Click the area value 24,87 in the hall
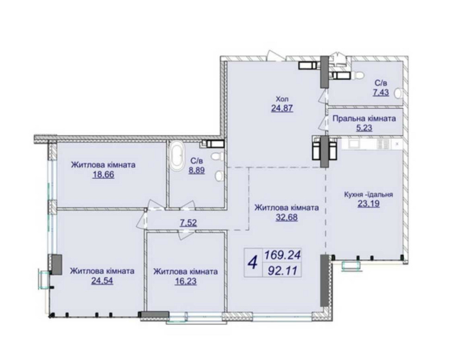(x=282, y=108)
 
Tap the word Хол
(x=282, y=99)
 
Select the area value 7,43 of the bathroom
(x=381, y=93)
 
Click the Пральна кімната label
(x=364, y=119)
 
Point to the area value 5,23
(x=364, y=128)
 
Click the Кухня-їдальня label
(x=369, y=195)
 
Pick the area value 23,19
(x=369, y=204)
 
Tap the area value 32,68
(x=287, y=218)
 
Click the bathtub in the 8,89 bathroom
(x=176, y=157)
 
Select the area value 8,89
(x=197, y=171)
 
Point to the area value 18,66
(x=103, y=175)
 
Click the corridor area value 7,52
(x=188, y=222)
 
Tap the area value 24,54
(x=102, y=281)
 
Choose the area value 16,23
(x=186, y=281)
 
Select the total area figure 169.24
(x=282, y=255)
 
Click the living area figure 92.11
(x=282, y=270)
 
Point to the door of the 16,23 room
(x=186, y=233)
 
